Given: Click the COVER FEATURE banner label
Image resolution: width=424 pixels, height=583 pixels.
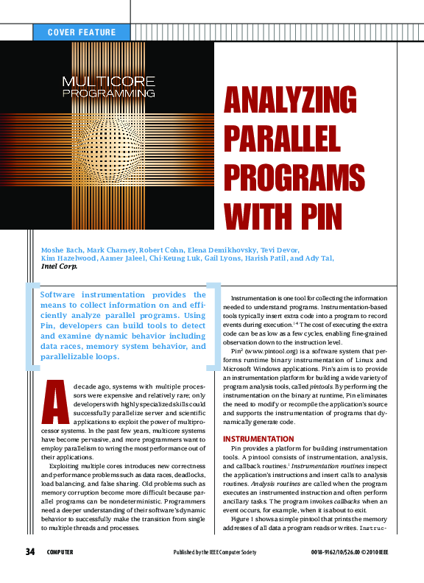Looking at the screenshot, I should pos(81,32).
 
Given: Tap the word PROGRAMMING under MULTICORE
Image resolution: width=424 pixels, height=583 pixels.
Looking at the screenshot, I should pos(108,93).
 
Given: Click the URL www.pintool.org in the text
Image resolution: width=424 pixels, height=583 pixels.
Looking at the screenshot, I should pos(277,351).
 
